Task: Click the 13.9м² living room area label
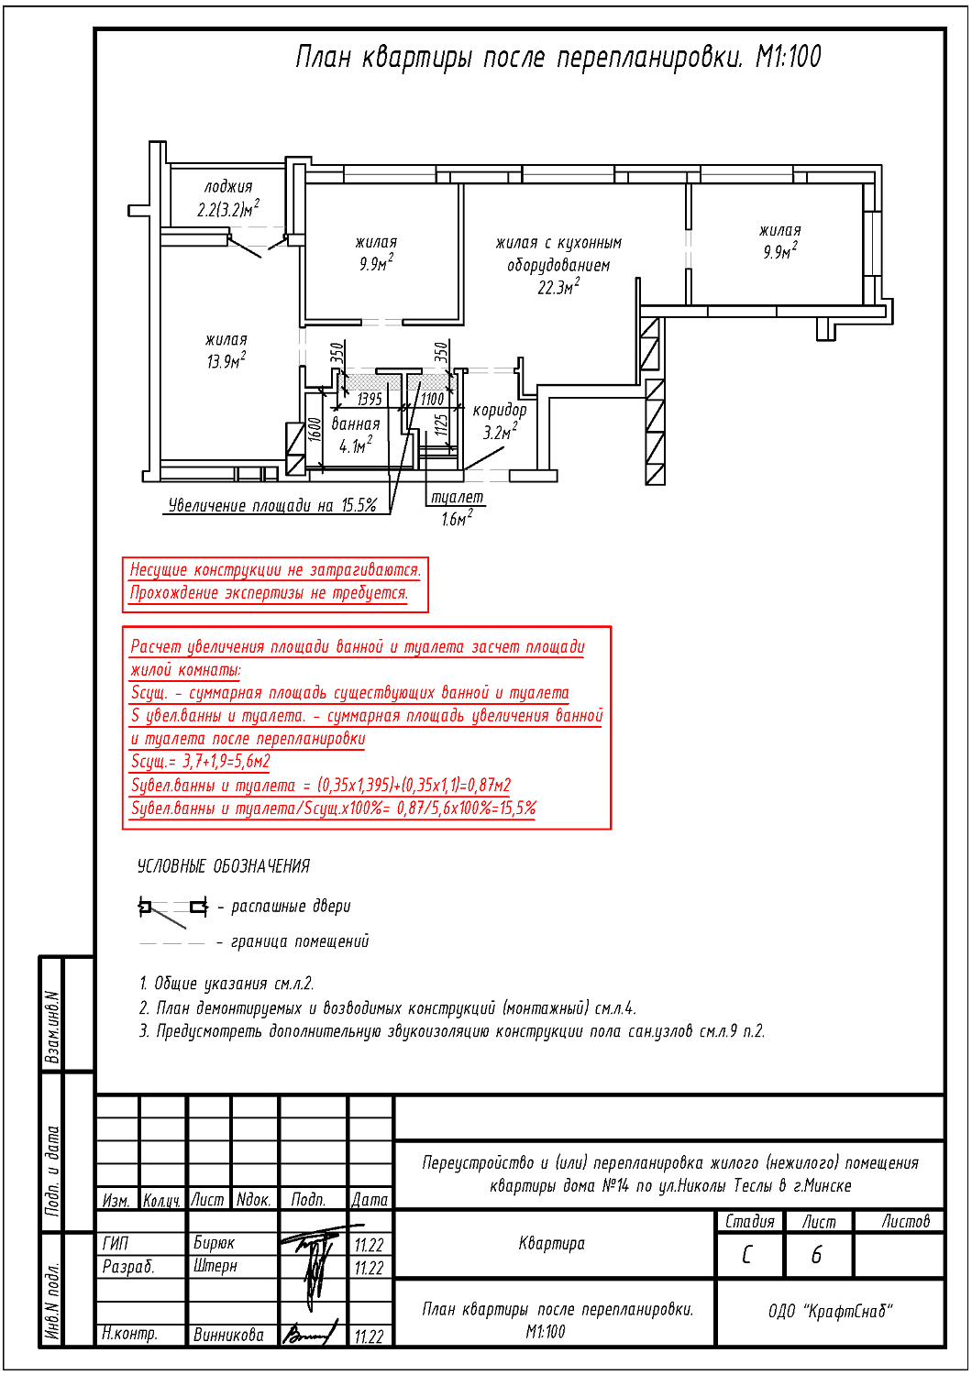pos(226,359)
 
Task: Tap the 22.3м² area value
pos(558,287)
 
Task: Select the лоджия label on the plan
pos(227,187)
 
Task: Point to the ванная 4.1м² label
pos(356,434)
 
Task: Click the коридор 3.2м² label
pos(499,421)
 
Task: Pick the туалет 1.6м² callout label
pos(457,508)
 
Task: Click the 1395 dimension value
pos(370,399)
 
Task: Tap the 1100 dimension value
pos(432,399)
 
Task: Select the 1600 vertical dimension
pos(314,430)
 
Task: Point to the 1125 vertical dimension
pos(441,424)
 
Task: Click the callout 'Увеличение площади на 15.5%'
pos(272,505)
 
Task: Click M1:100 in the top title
pos(788,57)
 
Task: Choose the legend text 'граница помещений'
pos(300,942)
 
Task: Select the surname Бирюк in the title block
pos(214,1243)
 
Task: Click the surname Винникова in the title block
pos(228,1336)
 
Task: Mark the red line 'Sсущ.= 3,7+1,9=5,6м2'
pos(200,762)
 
